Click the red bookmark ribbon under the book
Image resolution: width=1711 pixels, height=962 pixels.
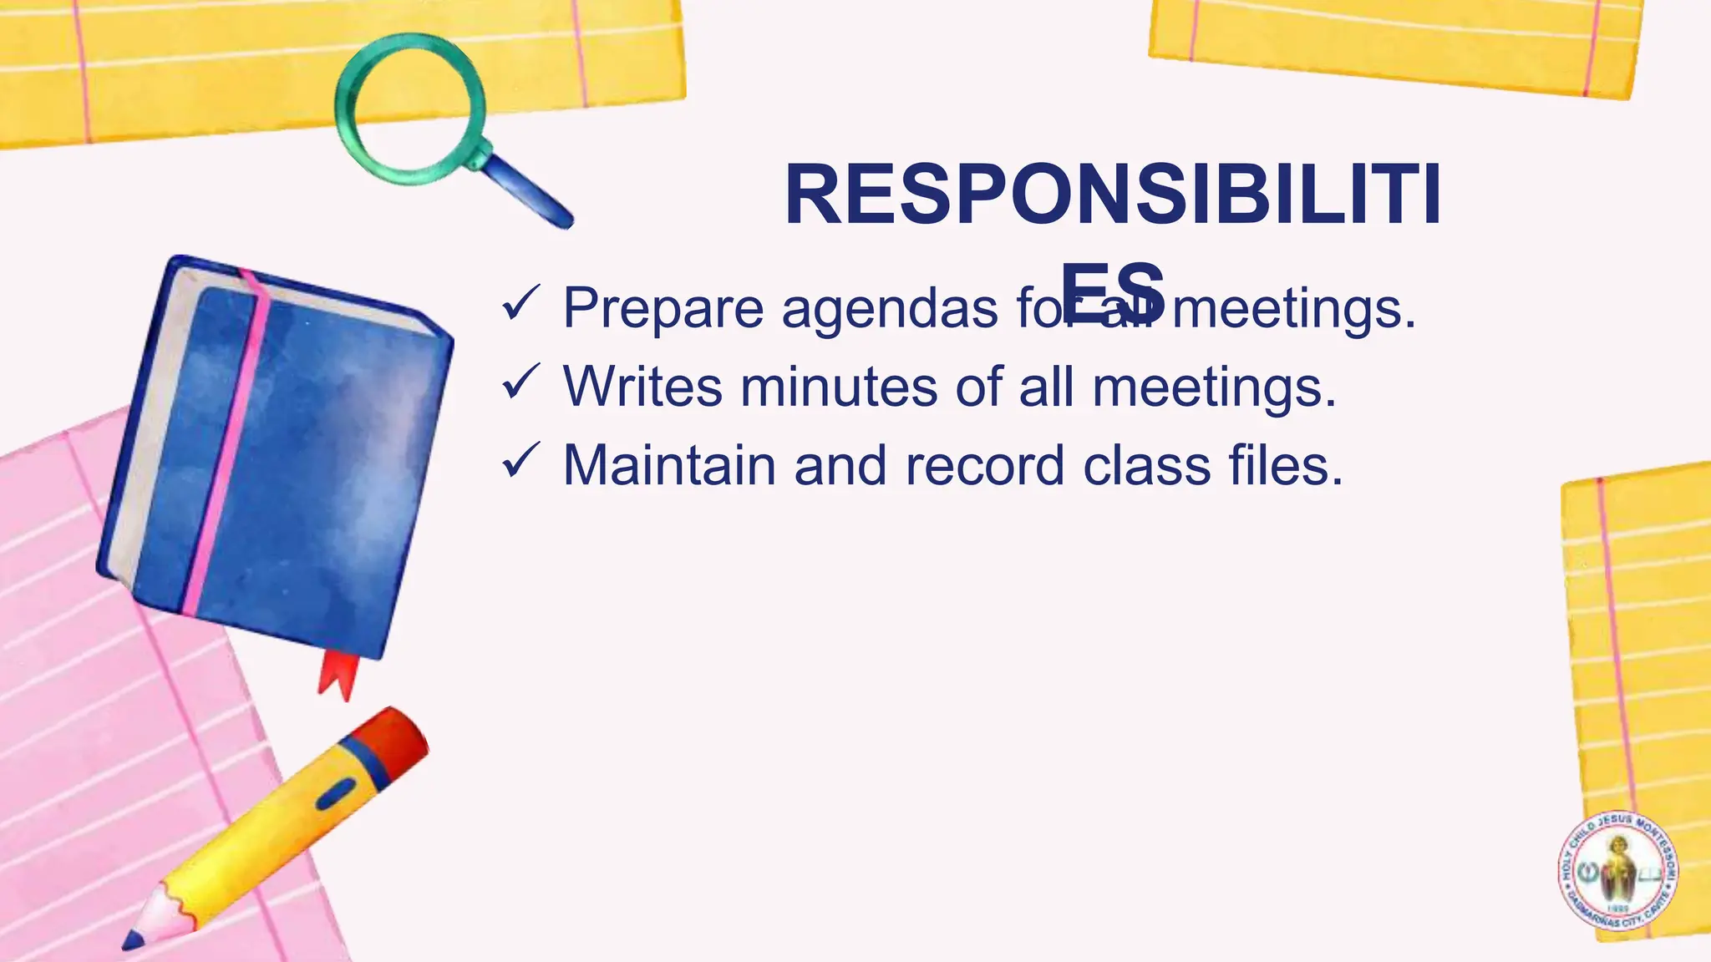pyautogui.click(x=338, y=674)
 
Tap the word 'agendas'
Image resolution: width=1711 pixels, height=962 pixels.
pyautogui.click(x=890, y=308)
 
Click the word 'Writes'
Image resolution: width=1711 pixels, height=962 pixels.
pyautogui.click(x=642, y=387)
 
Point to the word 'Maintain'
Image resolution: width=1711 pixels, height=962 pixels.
pyautogui.click(x=669, y=465)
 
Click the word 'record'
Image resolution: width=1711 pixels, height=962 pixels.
pyautogui.click(x=985, y=465)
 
